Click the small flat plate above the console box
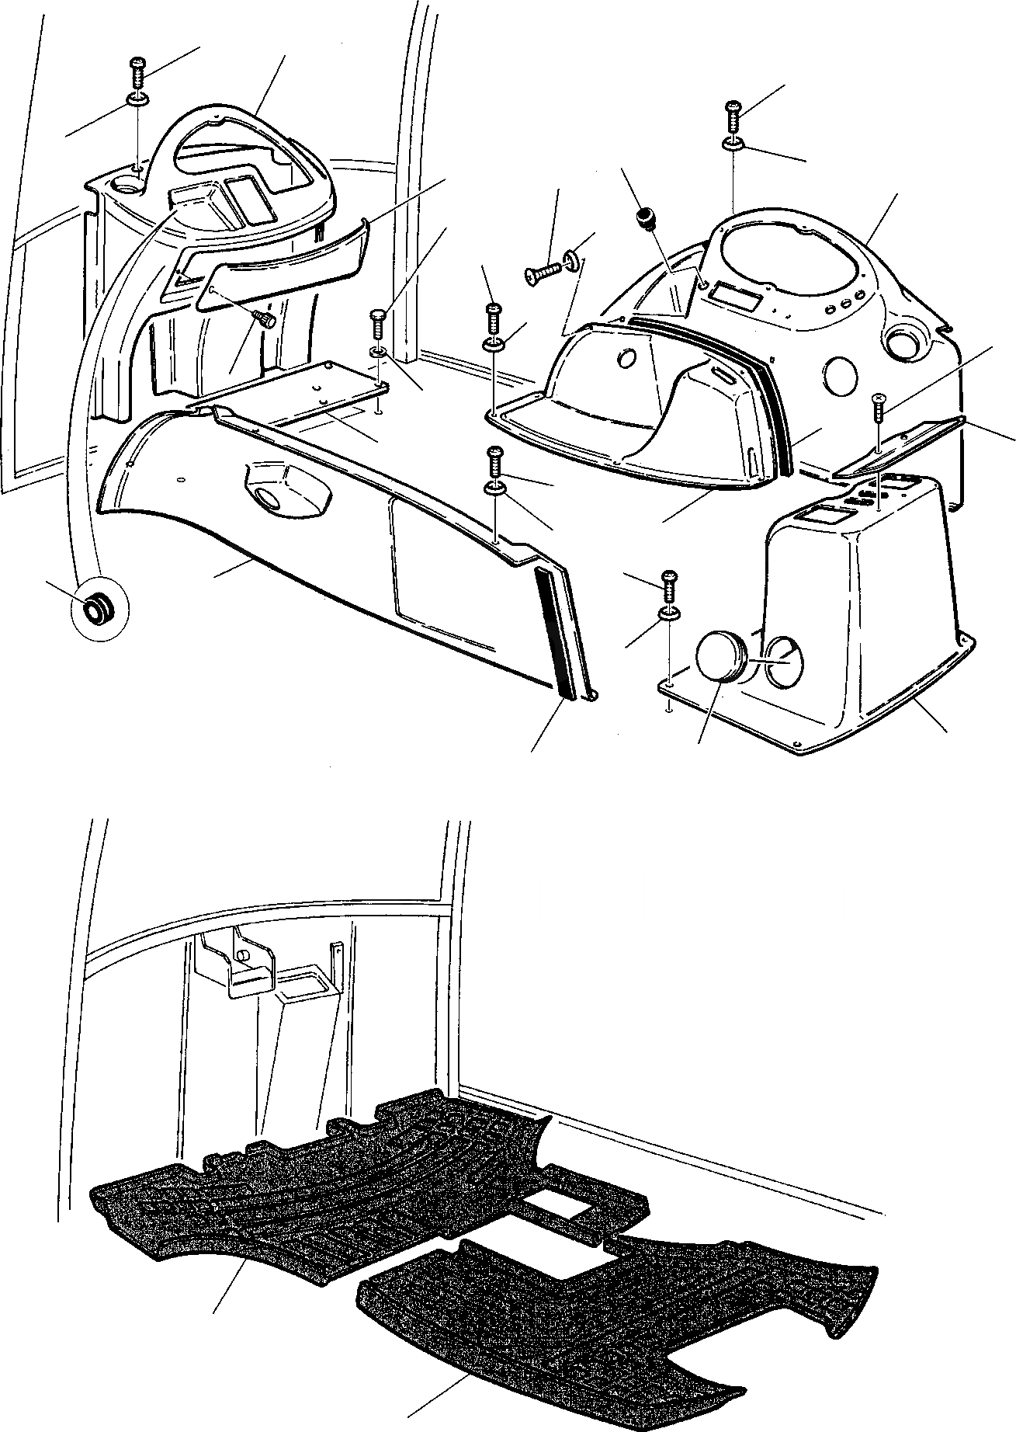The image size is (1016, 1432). [900, 448]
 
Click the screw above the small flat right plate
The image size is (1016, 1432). [878, 407]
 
